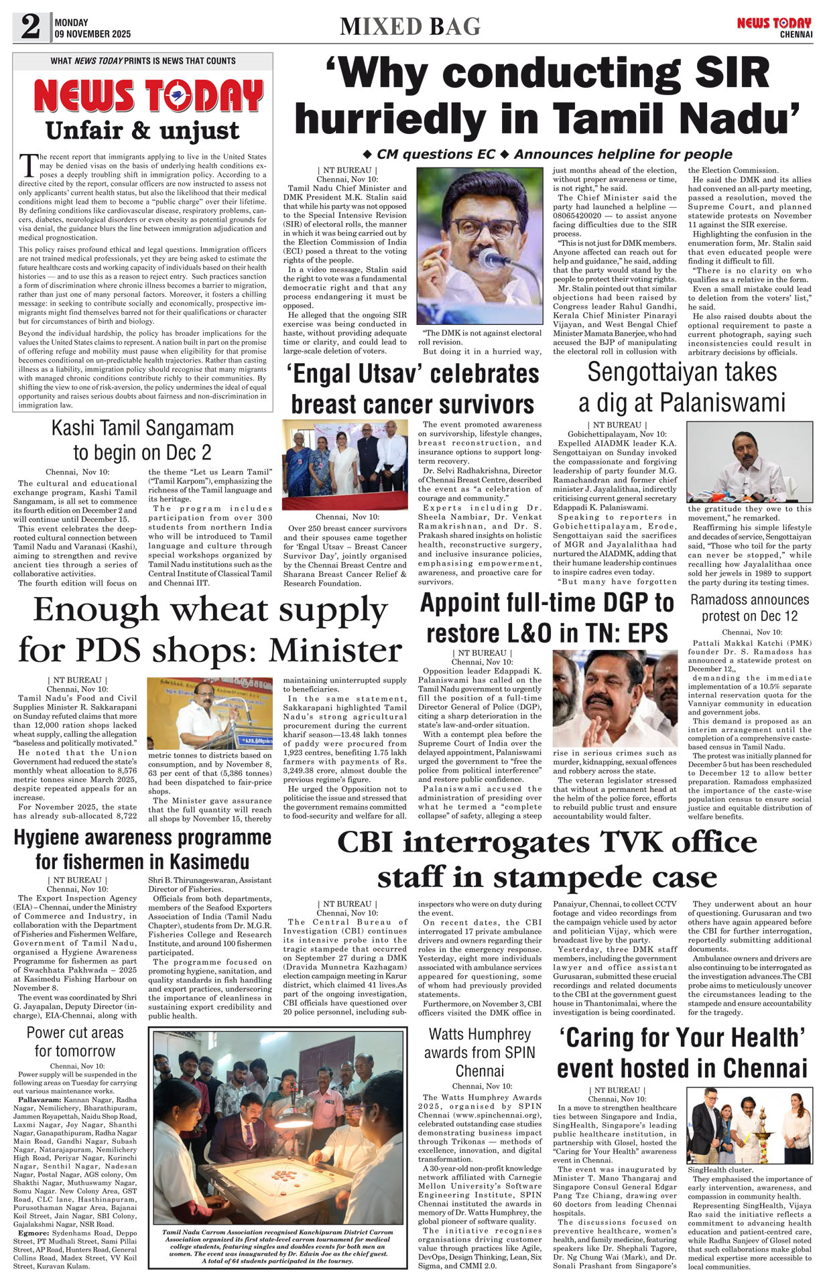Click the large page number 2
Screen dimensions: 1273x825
[31, 27]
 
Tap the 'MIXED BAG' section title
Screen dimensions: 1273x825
[410, 27]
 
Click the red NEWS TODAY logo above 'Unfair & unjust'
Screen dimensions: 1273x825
[148, 96]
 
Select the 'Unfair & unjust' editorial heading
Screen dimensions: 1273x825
[142, 130]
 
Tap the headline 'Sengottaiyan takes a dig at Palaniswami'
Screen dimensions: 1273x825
[682, 387]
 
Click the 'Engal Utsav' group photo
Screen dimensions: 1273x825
[345, 464]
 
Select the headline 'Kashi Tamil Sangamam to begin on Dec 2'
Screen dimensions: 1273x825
[143, 440]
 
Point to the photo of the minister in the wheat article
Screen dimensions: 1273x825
[210, 712]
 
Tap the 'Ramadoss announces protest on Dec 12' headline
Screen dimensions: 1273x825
[749, 608]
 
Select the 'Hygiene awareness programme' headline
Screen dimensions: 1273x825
[142, 850]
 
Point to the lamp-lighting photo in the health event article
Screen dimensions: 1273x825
[749, 1126]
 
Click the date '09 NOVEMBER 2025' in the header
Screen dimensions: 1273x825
[93, 33]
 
